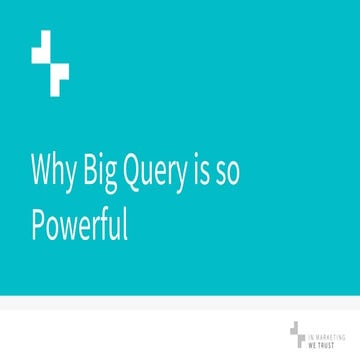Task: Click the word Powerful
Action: (x=80, y=227)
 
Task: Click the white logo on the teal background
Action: (x=50, y=62)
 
